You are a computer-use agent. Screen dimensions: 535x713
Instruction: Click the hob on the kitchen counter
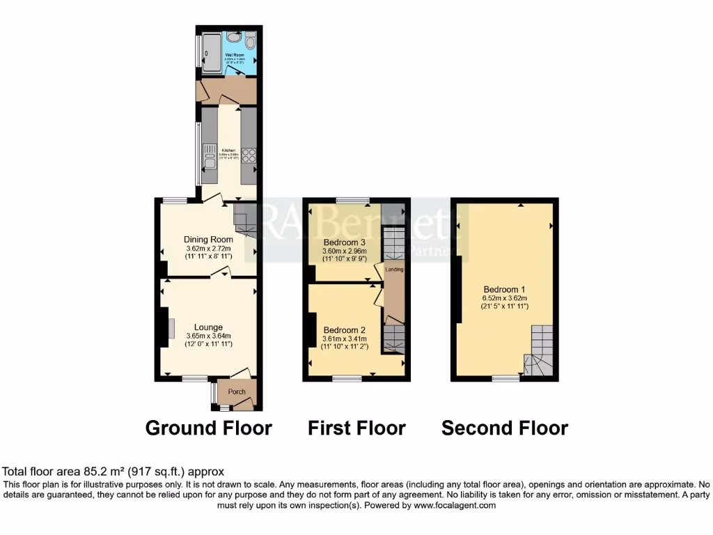[249, 156]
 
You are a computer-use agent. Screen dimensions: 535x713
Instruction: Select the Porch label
[237, 391]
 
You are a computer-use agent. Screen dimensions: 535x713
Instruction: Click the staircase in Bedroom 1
[540, 351]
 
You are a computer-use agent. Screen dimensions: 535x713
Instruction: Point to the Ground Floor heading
[208, 427]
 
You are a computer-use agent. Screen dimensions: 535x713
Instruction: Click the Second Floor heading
[505, 427]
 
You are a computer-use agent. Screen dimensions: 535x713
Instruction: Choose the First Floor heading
[356, 427]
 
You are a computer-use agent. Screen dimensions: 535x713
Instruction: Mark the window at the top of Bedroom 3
[352, 201]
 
